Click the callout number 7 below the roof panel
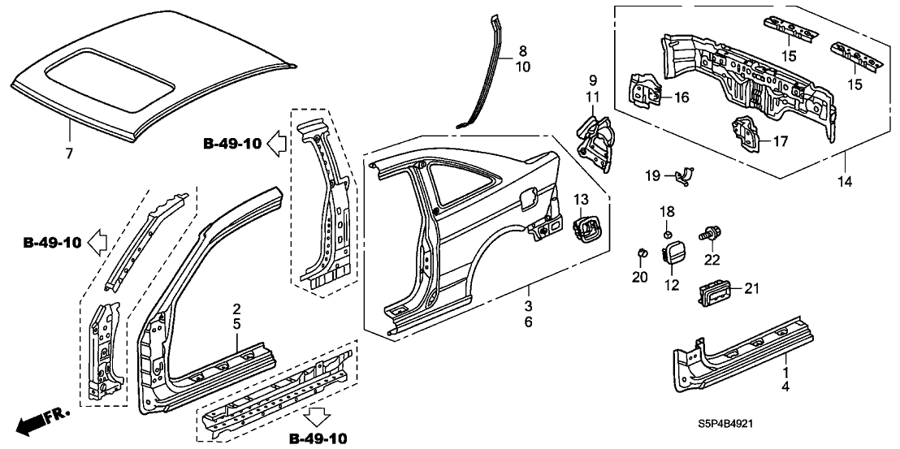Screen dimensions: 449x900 click(x=69, y=152)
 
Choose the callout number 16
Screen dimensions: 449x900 click(x=681, y=97)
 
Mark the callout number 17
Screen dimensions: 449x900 click(x=779, y=141)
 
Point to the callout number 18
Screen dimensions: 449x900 click(x=666, y=211)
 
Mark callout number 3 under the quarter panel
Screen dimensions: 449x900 click(x=528, y=306)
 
